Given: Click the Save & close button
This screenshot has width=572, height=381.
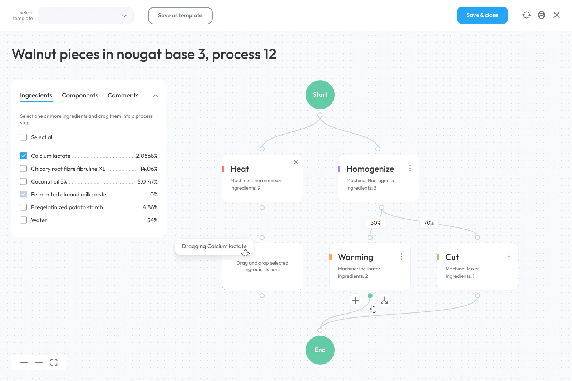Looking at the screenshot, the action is pyautogui.click(x=482, y=15).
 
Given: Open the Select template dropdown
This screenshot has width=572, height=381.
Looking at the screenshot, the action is pyautogui.click(x=85, y=16).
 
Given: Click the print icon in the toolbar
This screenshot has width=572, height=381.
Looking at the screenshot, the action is pyautogui.click(x=541, y=15).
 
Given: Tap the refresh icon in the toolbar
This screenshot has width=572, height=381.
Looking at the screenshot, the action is pyautogui.click(x=526, y=15).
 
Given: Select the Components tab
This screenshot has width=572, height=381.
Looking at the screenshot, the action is pyautogui.click(x=80, y=95).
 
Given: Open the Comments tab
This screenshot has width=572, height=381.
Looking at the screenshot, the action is pyautogui.click(x=123, y=95).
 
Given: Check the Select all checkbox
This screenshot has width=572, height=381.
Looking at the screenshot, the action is pyautogui.click(x=24, y=137).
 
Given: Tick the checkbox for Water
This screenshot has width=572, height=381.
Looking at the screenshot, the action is pyautogui.click(x=24, y=220).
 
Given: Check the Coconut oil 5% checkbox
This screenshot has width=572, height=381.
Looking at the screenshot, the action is pyautogui.click(x=24, y=182).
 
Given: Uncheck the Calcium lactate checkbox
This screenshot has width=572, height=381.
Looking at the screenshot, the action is pyautogui.click(x=24, y=156).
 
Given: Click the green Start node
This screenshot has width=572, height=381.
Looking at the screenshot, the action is pyautogui.click(x=320, y=95).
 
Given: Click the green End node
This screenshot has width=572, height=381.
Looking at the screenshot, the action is pyautogui.click(x=320, y=350).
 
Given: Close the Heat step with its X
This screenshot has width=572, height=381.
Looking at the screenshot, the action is pyautogui.click(x=296, y=162).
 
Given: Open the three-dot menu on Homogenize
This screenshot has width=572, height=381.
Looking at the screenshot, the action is pyautogui.click(x=410, y=168).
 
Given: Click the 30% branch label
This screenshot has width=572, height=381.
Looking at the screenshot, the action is pyautogui.click(x=376, y=223).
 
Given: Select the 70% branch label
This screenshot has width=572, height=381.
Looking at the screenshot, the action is pyautogui.click(x=429, y=223).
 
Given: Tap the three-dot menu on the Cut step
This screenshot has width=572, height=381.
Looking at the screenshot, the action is pyautogui.click(x=509, y=256).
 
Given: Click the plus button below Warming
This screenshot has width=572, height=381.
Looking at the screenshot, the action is pyautogui.click(x=355, y=300).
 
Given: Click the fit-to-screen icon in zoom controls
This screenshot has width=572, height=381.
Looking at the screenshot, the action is pyautogui.click(x=54, y=362).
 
